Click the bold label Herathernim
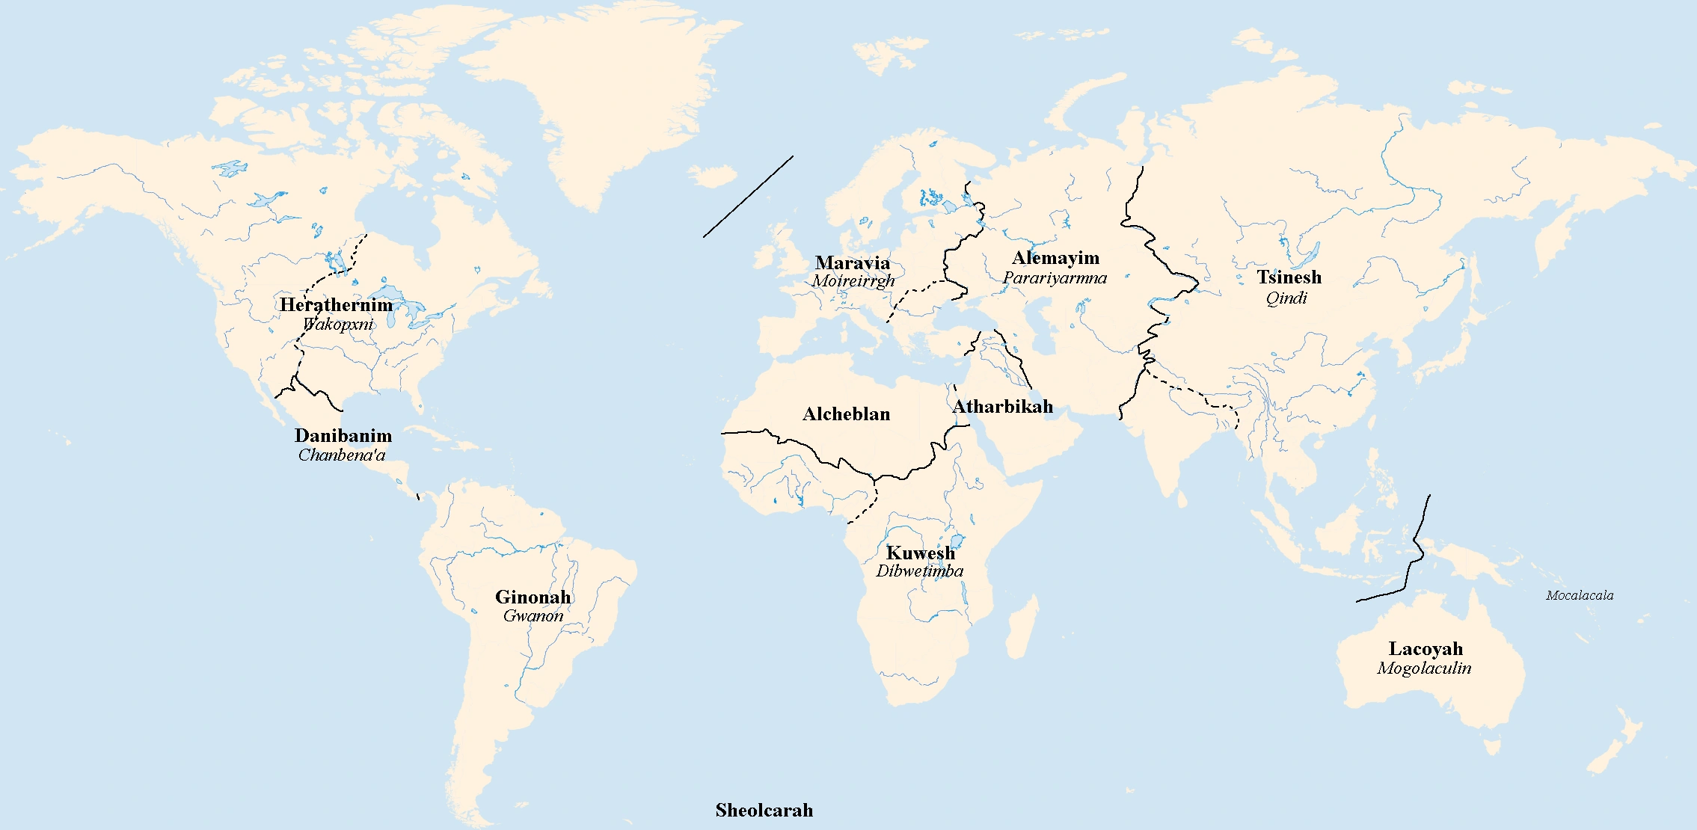point(336,305)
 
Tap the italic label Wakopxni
point(338,325)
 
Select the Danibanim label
point(343,436)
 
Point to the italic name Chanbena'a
point(342,455)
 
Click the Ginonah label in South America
point(533,597)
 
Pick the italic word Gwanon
point(533,616)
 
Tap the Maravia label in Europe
point(853,263)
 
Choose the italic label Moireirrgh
point(853,281)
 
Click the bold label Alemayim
point(1055,259)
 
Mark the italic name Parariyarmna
point(1055,278)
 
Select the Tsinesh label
point(1289,277)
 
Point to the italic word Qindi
point(1286,298)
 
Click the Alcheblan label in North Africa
point(846,414)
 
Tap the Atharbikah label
point(1002,407)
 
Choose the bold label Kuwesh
point(920,553)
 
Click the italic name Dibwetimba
point(919,571)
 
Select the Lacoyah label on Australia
point(1426,649)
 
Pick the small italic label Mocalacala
point(1580,596)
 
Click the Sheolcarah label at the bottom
point(764,811)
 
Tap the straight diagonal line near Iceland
point(748,197)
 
